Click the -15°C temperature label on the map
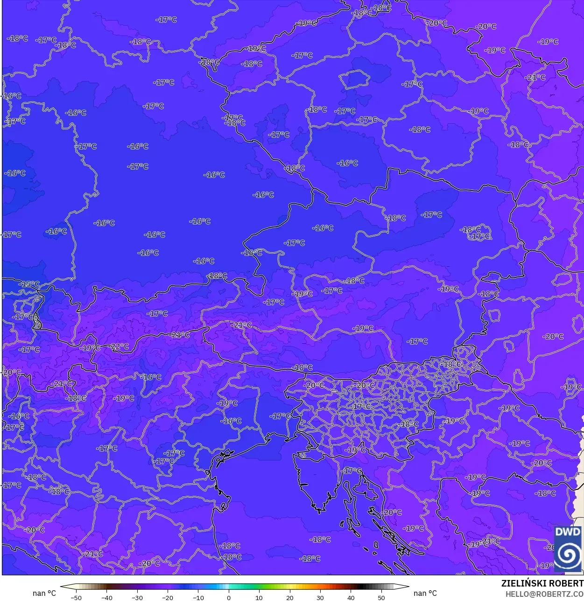29,284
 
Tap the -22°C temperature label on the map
120,346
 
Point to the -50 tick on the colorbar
76,598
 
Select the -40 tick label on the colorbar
106,598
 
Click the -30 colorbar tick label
137,598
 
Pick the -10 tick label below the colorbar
198,598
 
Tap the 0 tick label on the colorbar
229,598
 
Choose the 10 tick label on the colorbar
259,598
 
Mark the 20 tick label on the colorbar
290,598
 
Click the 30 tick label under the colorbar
320,598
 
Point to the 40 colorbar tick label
351,598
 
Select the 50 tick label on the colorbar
381,598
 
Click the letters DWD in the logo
568,532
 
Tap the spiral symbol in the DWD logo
568,555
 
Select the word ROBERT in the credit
566,583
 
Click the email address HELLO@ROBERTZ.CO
544,594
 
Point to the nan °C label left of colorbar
44,593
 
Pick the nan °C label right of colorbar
425,593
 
